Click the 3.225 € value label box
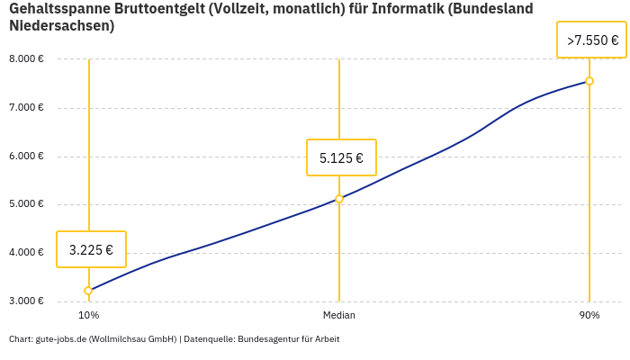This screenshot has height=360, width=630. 91,249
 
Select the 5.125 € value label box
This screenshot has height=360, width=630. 341,157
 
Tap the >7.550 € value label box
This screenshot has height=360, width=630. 591,40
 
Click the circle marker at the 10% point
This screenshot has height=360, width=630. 88,291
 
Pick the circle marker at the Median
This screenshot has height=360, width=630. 339,199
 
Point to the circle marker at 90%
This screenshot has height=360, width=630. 589,81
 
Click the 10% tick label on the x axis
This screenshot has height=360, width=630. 88,315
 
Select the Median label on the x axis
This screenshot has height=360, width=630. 339,315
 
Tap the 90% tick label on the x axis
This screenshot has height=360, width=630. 589,315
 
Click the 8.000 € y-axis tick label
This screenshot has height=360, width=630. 26,59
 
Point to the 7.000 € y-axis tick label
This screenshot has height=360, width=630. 26,108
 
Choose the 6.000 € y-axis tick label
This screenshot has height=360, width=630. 26,156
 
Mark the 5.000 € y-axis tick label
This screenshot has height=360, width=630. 26,204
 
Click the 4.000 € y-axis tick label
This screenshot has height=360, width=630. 26,252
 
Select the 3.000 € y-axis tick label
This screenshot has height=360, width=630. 26,301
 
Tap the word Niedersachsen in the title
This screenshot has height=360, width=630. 61,26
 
